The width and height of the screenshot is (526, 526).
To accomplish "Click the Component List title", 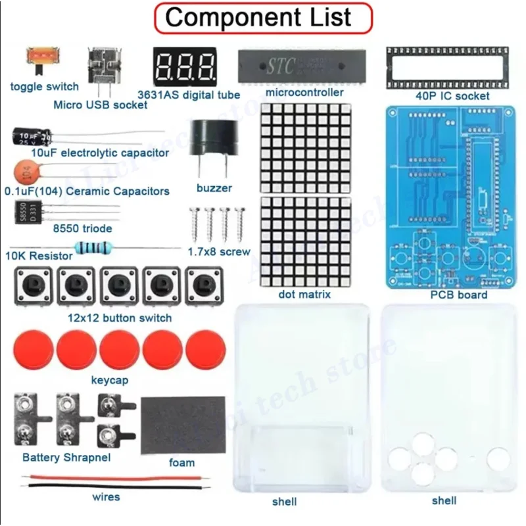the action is click(262, 18).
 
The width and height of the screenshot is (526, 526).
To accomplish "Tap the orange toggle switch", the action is click(39, 59).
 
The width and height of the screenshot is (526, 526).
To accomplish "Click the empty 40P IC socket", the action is click(446, 66).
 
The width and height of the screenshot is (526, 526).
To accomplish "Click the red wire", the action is click(105, 479).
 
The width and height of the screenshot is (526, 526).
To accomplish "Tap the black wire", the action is click(105, 487).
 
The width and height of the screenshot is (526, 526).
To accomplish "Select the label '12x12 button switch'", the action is click(120, 318).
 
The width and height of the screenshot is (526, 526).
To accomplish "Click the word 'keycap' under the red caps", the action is click(109, 380).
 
